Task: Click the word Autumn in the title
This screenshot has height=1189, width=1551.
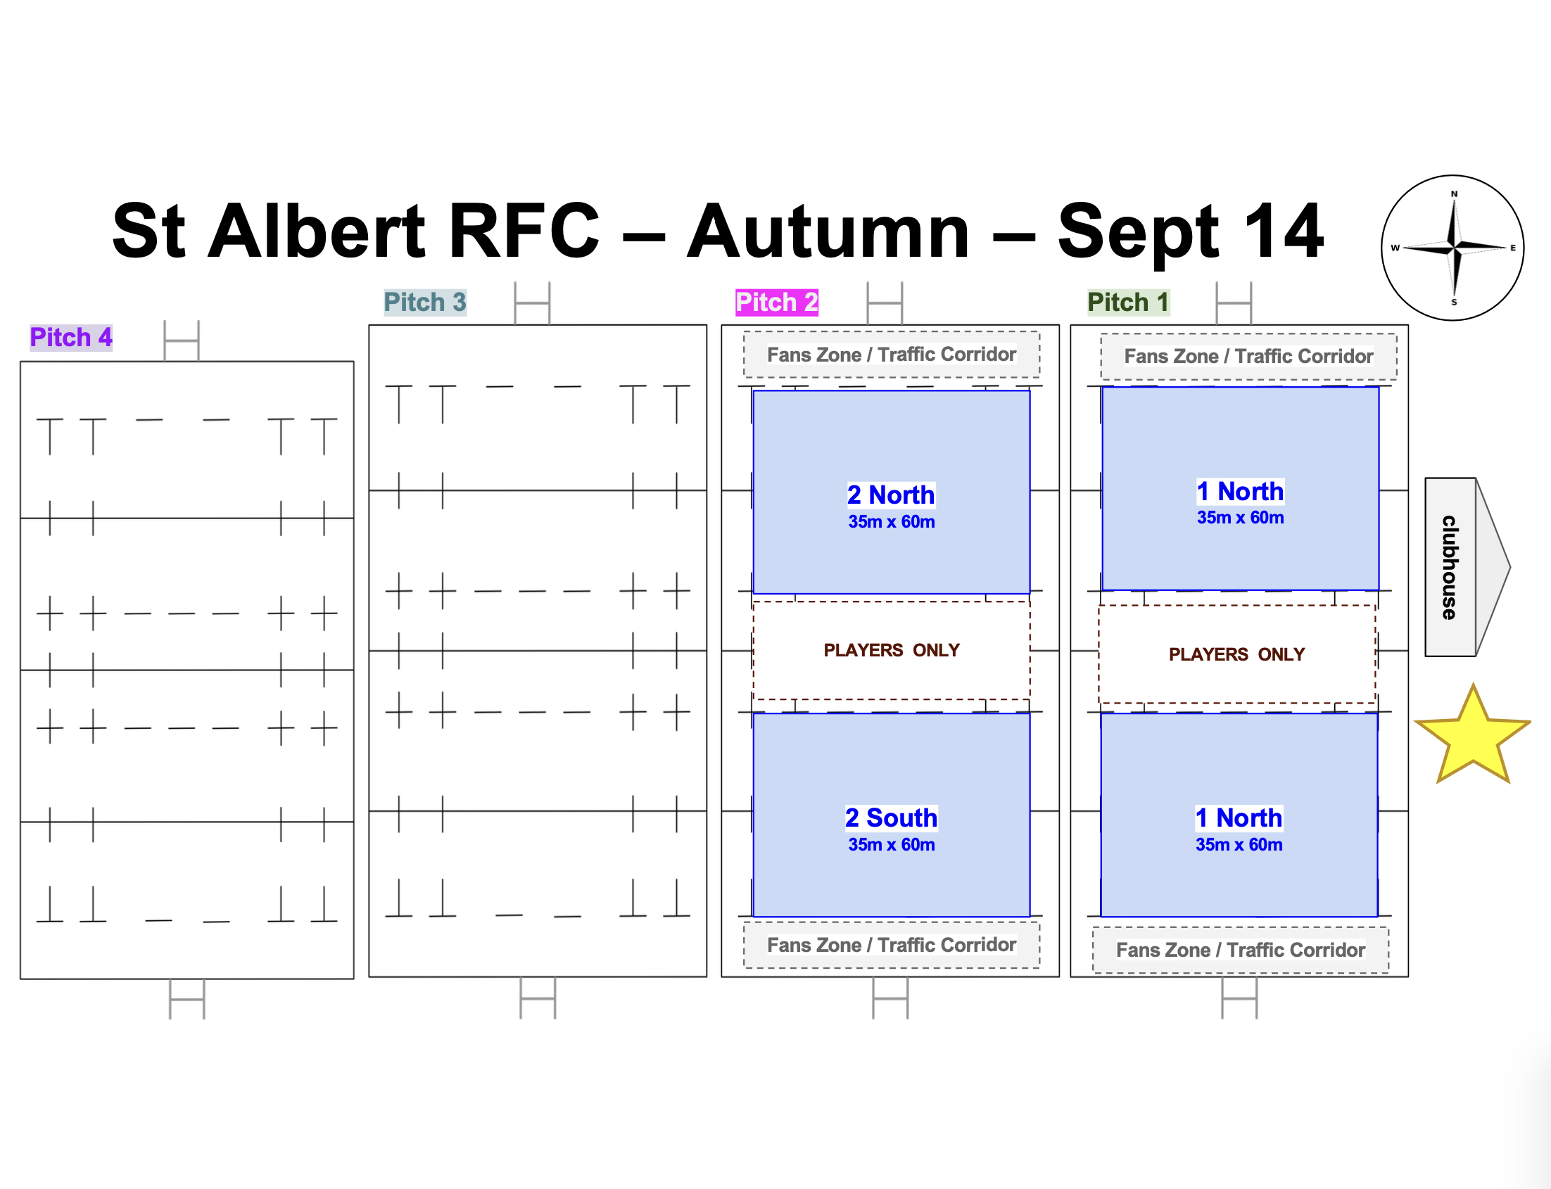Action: [828, 231]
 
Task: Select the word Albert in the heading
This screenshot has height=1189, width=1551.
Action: [317, 231]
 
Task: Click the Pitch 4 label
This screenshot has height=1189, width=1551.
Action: [71, 338]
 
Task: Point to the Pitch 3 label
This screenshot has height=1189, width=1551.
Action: [425, 303]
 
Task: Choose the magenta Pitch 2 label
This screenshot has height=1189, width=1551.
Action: [777, 303]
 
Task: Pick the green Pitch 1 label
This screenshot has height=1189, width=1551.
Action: [1128, 303]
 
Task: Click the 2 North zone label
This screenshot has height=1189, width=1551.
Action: [890, 495]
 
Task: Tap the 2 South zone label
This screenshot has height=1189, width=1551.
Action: [891, 818]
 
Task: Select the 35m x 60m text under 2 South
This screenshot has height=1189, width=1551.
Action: [891, 844]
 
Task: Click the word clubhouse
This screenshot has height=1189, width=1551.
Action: [1450, 567]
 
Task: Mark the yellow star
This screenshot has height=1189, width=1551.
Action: [1472, 736]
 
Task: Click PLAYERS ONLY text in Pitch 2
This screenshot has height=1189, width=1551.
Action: [891, 649]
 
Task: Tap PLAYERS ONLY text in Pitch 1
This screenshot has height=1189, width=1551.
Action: [1236, 654]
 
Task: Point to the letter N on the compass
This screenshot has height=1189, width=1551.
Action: [1454, 194]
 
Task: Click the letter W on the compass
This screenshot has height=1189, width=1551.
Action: [1395, 248]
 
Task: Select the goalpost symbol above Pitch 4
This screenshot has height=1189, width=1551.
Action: [182, 341]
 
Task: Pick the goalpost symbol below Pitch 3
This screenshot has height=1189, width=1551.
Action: [538, 998]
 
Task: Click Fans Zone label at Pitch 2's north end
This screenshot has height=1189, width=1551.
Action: [891, 355]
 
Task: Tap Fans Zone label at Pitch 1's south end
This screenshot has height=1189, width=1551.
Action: [1240, 950]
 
